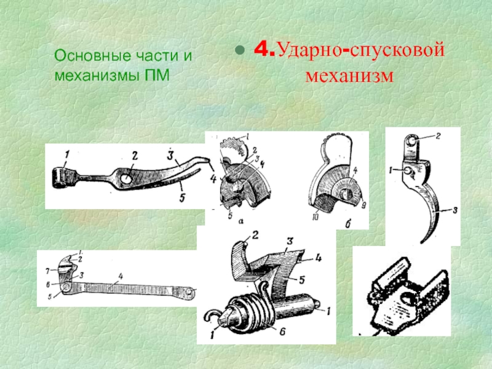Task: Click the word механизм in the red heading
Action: tap(349, 75)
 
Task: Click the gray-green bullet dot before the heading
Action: tap(239, 50)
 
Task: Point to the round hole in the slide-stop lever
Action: tap(126, 178)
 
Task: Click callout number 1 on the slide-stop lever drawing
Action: tap(66, 154)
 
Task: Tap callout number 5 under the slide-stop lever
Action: tap(182, 197)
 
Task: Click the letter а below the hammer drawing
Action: tap(240, 221)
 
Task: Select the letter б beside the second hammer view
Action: tap(347, 223)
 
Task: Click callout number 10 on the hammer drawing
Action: tap(315, 217)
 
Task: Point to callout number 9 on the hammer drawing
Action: tap(363, 206)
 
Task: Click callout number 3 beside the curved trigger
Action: tap(454, 210)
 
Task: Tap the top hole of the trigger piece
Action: tap(411, 141)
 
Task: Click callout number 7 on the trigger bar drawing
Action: tap(48, 270)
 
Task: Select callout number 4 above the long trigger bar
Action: tap(121, 276)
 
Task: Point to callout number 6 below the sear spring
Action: tap(282, 331)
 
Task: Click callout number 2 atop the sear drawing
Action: tap(255, 235)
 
